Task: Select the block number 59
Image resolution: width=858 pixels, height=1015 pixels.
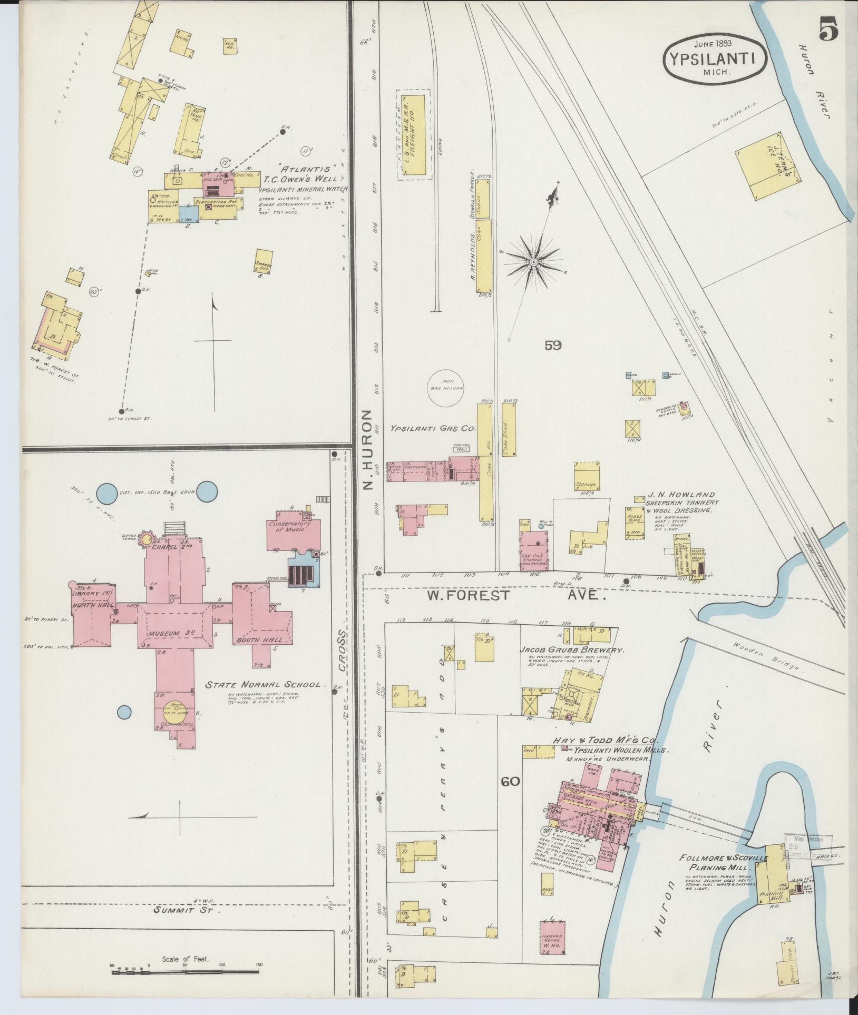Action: tap(553, 346)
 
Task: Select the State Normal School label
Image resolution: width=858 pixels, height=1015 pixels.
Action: tap(263, 685)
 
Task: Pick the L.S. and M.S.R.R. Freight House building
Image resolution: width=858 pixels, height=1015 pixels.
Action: tap(413, 134)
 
